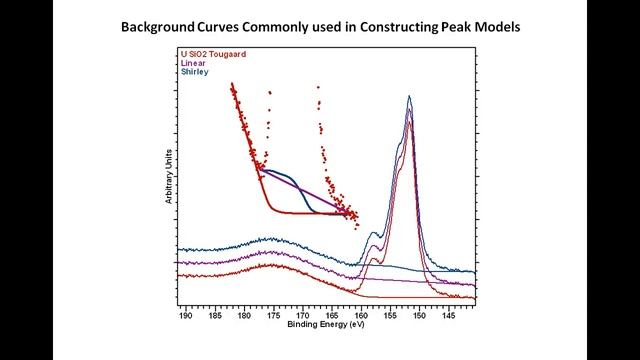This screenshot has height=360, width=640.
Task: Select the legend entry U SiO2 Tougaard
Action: [x=213, y=52]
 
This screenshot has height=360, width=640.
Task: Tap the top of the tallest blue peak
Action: [x=409, y=97]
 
